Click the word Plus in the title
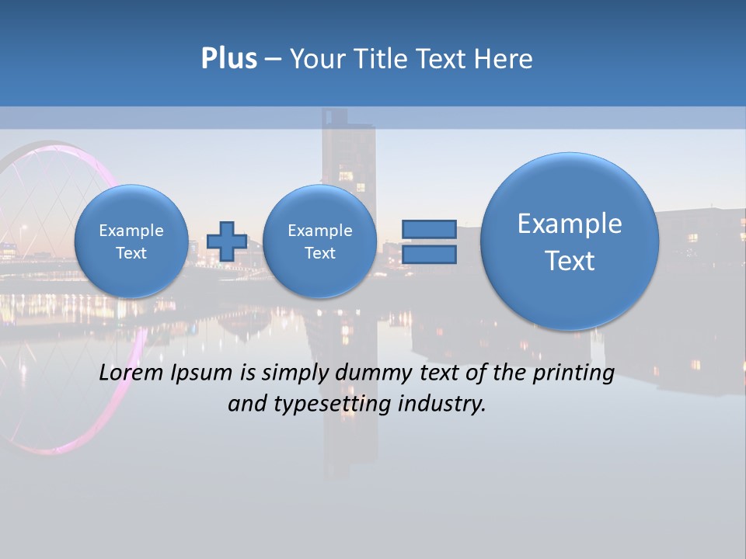[x=228, y=59]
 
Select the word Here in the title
[x=505, y=59]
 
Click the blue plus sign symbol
[x=226, y=241]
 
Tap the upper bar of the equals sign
[x=429, y=229]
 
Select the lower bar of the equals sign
[x=429, y=254]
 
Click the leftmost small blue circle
[x=131, y=241]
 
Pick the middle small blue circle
[x=319, y=241]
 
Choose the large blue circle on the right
[x=570, y=241]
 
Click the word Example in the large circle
[x=570, y=224]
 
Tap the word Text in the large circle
[x=570, y=261]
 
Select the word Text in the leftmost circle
[x=131, y=253]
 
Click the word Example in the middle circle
[x=319, y=231]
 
